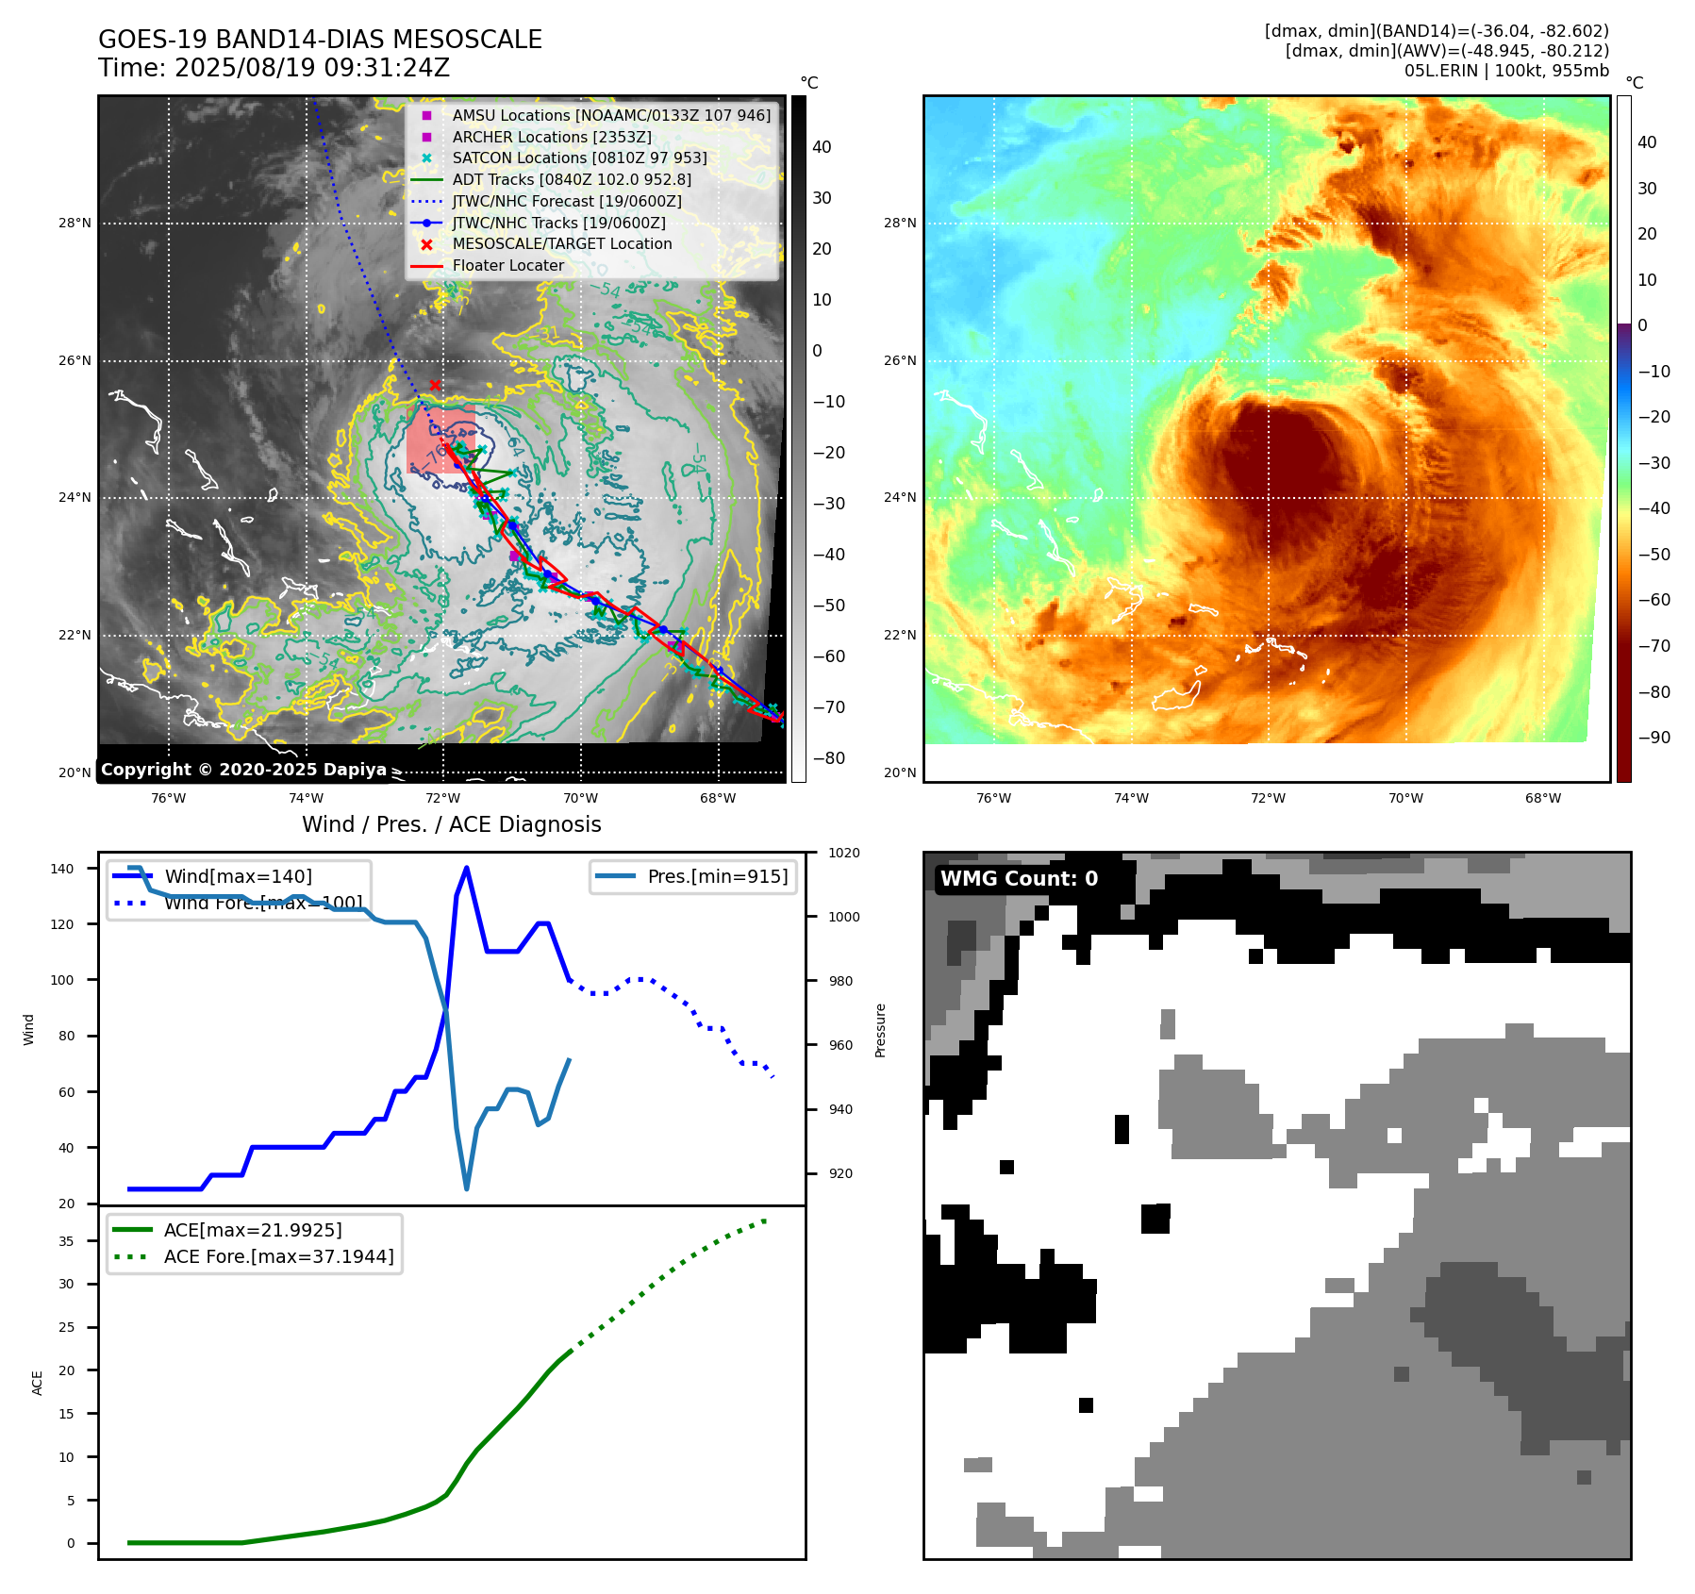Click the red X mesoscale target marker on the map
(435, 385)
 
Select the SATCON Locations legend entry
(579, 158)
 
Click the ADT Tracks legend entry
(572, 180)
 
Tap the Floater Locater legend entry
(507, 266)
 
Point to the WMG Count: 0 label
(1019, 879)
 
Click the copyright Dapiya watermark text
(243, 770)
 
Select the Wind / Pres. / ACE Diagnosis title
(451, 824)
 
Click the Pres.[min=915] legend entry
(717, 876)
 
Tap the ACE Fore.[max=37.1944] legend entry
(278, 1256)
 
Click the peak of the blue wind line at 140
(467, 869)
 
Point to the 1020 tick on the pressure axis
(844, 854)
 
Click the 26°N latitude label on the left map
(75, 361)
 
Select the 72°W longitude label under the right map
(1268, 799)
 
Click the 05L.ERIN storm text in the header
(1437, 71)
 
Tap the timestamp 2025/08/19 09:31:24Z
(311, 69)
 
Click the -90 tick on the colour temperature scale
(1654, 738)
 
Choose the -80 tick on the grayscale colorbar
(829, 758)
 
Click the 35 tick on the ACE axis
(66, 1241)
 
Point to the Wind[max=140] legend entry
(238, 876)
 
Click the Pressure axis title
(881, 1030)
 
